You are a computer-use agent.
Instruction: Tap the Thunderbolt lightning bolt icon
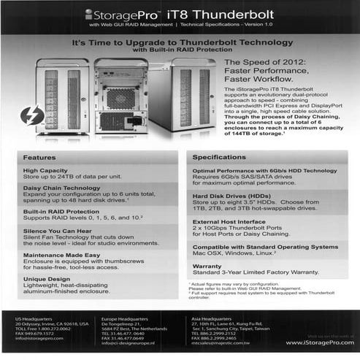pos(31,115)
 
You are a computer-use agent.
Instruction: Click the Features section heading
pos(39,157)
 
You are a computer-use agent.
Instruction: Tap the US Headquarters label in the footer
pos(34,320)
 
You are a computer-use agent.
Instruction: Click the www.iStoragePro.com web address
pos(315,342)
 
